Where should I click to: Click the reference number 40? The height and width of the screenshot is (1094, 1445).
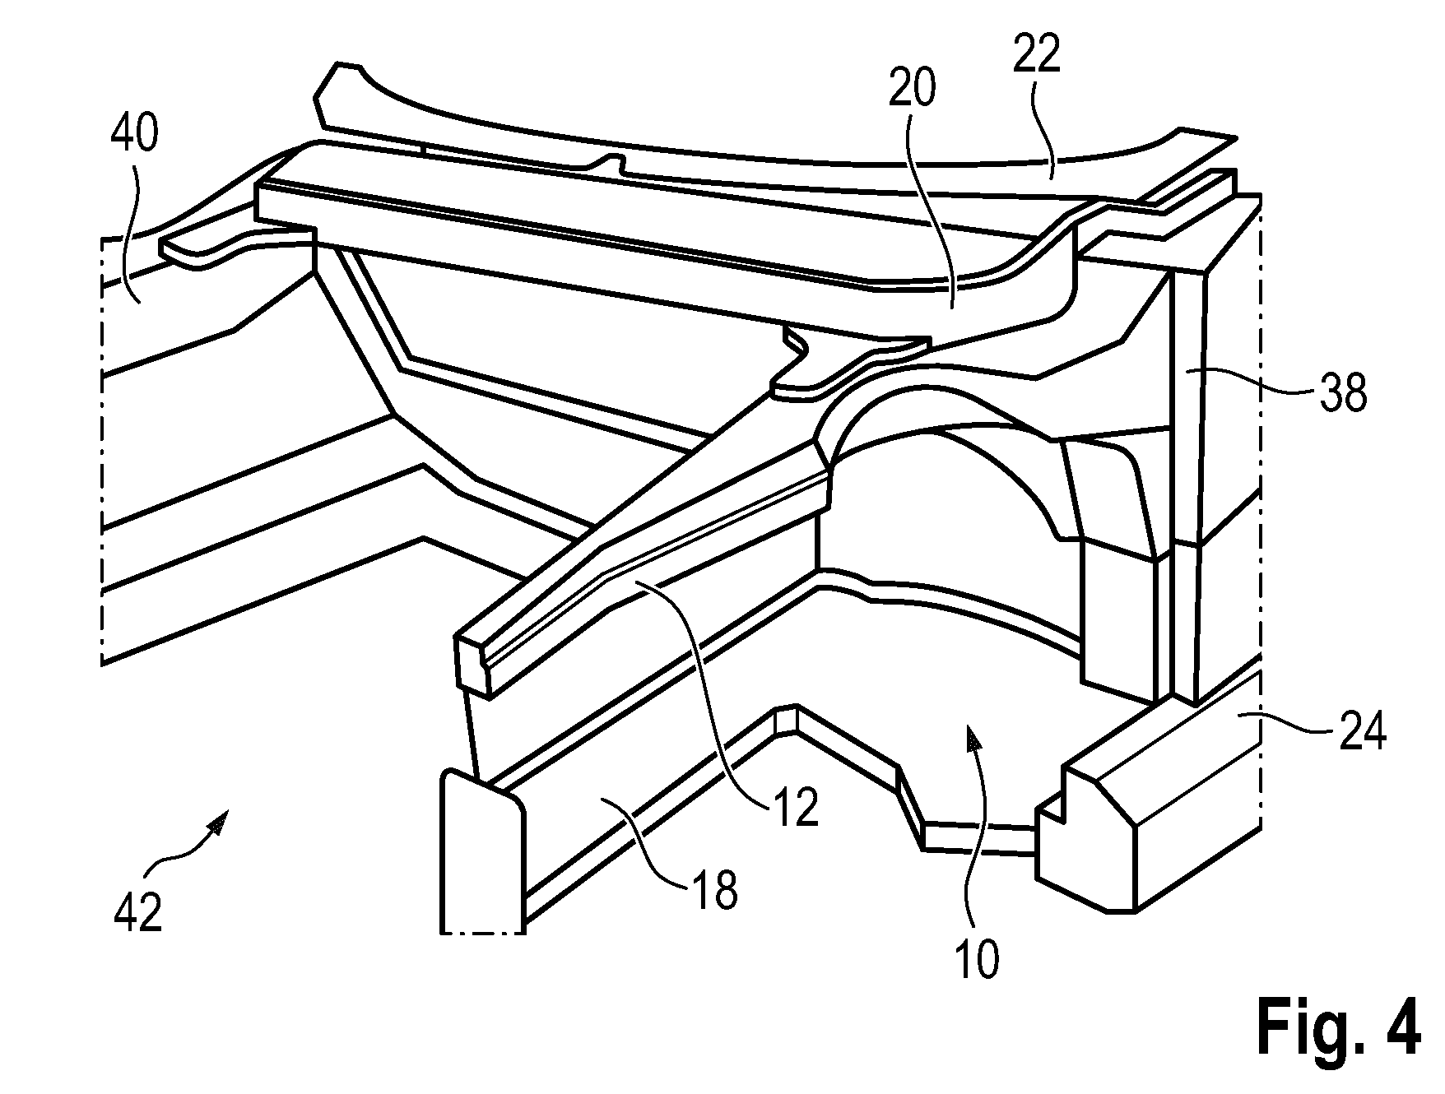pyautogui.click(x=134, y=133)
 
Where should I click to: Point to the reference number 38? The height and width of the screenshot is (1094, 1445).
pyautogui.click(x=1342, y=393)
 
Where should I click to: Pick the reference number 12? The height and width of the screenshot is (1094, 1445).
pyautogui.click(x=795, y=808)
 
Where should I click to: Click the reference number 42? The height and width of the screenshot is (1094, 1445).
pyautogui.click(x=137, y=912)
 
